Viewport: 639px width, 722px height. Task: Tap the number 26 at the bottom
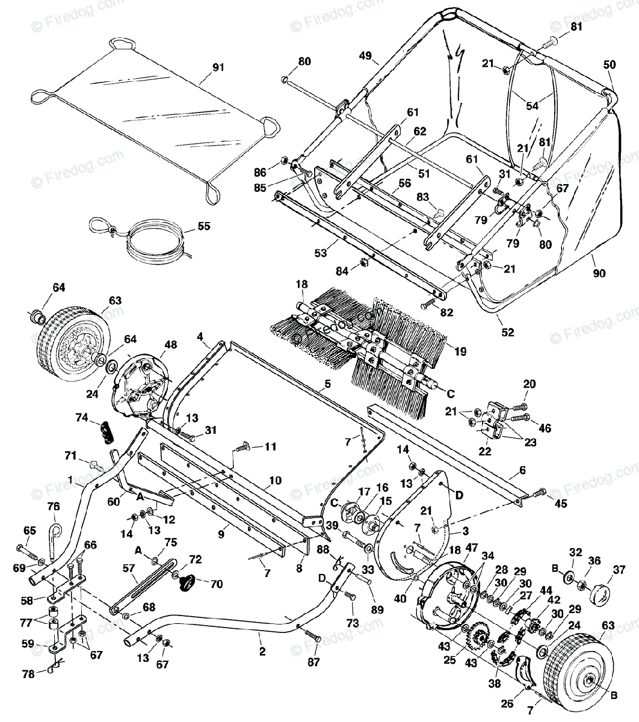coord(507,703)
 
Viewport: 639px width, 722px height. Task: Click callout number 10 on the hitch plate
coord(275,480)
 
